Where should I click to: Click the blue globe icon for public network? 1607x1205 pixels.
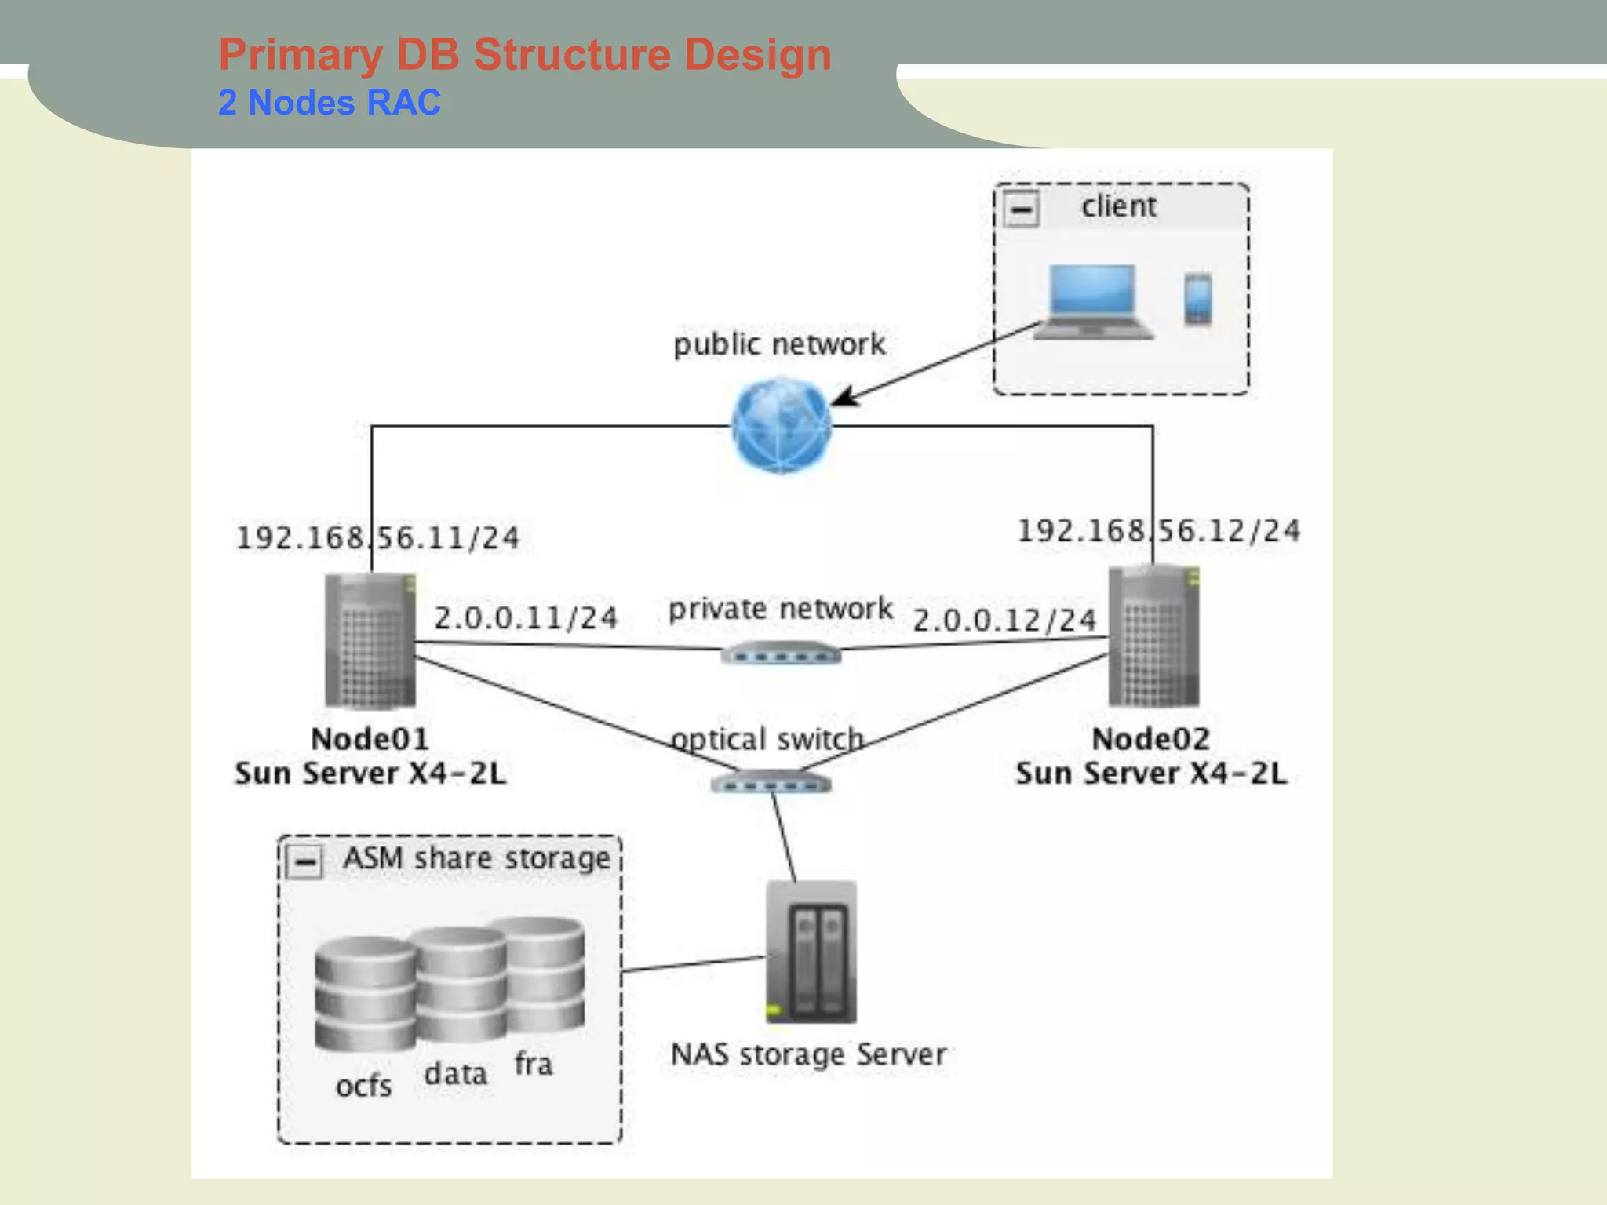[x=781, y=425]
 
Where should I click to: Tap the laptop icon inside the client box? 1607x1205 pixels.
[x=1092, y=302]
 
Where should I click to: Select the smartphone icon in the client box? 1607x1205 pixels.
[x=1197, y=299]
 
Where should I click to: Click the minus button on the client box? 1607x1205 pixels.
[x=1022, y=209]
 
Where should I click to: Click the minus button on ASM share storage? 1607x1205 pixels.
[x=304, y=862]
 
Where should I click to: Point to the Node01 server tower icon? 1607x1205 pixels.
[x=370, y=641]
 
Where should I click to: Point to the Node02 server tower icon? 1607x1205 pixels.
[x=1153, y=636]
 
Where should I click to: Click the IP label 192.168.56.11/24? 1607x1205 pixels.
[x=377, y=538]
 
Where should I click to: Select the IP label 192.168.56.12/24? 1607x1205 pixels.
[x=1158, y=531]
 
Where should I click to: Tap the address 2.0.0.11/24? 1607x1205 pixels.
[x=526, y=618]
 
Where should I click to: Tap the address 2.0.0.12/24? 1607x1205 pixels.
[x=1004, y=621]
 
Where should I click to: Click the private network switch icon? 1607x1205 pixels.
[x=781, y=653]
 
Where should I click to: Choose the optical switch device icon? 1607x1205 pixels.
[x=771, y=783]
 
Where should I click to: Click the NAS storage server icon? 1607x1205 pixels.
[x=811, y=952]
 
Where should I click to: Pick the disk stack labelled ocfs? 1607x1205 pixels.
[x=365, y=994]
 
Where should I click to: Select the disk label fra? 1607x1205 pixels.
[x=534, y=1065]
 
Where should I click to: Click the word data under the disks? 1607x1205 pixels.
[x=455, y=1074]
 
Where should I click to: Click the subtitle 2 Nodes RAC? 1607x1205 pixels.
[x=329, y=103]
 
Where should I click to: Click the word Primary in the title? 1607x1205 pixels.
[x=300, y=55]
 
